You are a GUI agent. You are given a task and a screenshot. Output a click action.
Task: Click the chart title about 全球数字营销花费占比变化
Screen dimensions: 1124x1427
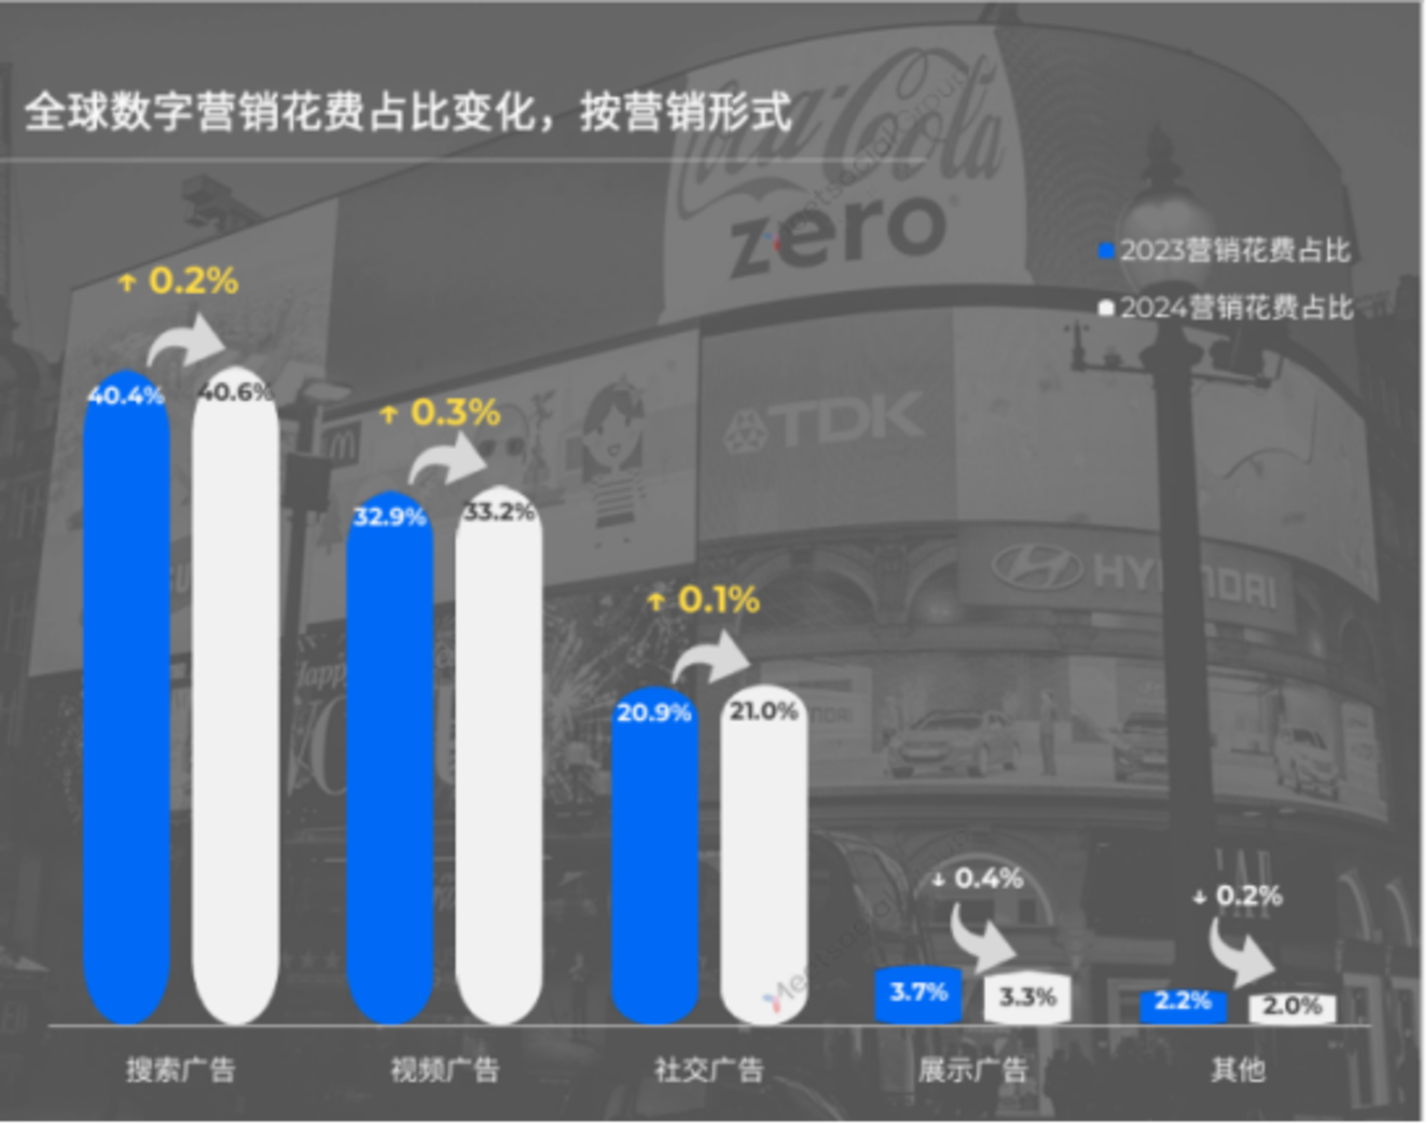pyautogui.click(x=408, y=111)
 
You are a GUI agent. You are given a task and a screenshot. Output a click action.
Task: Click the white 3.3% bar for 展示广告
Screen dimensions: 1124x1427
pyautogui.click(x=1027, y=998)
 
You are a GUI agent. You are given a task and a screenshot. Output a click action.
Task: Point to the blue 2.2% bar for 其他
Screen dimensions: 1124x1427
pyautogui.click(x=1183, y=1005)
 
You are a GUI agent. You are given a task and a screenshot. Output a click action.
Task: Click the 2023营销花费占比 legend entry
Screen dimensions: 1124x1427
pyautogui.click(x=1226, y=250)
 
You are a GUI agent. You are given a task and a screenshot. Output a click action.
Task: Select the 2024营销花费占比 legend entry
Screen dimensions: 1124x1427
pyautogui.click(x=1226, y=308)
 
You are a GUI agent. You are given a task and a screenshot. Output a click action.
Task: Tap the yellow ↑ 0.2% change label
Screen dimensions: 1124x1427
pyautogui.click(x=178, y=281)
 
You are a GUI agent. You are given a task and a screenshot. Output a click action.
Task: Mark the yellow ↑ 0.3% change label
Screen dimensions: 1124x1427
pyautogui.click(x=441, y=413)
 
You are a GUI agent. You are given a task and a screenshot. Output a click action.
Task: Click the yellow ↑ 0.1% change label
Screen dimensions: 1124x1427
pyautogui.click(x=704, y=599)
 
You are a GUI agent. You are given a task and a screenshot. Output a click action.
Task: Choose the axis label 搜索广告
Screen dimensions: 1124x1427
pyautogui.click(x=180, y=1069)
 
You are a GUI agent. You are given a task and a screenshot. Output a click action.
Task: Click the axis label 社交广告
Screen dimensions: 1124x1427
pyautogui.click(x=708, y=1069)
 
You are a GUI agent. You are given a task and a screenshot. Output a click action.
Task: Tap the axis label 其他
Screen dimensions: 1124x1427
pyautogui.click(x=1238, y=1069)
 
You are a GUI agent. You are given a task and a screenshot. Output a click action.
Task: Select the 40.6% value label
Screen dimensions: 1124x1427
pyautogui.click(x=235, y=393)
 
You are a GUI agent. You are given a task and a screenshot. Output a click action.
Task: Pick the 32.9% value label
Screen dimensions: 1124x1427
pyautogui.click(x=390, y=517)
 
